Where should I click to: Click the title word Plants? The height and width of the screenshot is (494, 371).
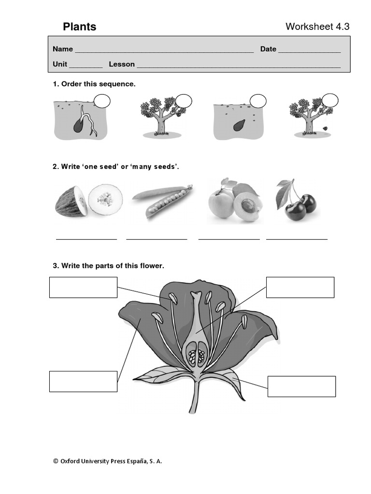[80, 27]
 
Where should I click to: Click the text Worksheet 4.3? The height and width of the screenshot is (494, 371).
[317, 27]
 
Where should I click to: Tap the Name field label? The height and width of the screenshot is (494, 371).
[63, 49]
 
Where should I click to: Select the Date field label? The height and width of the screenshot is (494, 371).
[268, 49]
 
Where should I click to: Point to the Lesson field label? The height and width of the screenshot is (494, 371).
[122, 64]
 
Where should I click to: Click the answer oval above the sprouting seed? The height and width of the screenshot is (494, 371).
[102, 101]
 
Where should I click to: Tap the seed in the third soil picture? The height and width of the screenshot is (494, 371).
[239, 125]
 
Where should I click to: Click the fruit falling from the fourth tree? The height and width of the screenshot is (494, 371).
[326, 129]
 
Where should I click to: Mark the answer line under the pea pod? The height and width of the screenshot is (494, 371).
[157, 238]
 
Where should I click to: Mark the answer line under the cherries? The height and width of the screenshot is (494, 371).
[297, 238]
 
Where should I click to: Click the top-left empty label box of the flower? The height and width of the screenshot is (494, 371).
[83, 287]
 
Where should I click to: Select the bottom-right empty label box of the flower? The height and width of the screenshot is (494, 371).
[301, 386]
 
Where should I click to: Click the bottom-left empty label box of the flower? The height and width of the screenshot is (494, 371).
[83, 381]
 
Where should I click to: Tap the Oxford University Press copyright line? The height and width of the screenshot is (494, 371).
[107, 461]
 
